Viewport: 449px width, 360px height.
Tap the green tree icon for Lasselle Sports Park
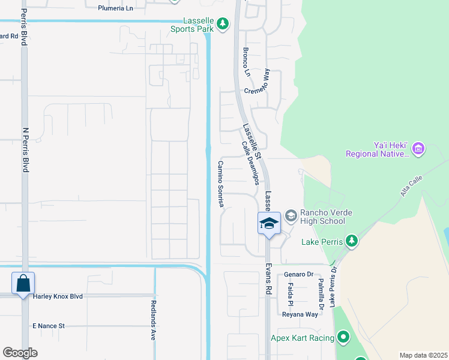point(223,24)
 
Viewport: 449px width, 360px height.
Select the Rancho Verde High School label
point(319,217)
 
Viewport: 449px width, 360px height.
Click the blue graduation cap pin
point(270,224)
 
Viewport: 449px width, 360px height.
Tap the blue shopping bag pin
point(23,283)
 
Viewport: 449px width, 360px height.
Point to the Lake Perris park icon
point(351,242)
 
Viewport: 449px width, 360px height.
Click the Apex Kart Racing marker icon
point(343,338)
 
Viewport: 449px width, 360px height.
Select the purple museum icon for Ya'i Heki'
point(418,148)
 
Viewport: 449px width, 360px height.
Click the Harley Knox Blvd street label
point(74,296)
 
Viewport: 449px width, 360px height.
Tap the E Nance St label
point(48,326)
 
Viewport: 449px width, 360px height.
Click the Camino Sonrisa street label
point(221,184)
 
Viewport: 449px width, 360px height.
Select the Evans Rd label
point(269,278)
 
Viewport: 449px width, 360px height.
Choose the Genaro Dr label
point(299,274)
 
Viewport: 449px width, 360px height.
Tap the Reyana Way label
point(300,314)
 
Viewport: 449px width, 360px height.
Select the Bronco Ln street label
point(246,62)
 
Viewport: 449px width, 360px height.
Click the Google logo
point(20,352)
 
